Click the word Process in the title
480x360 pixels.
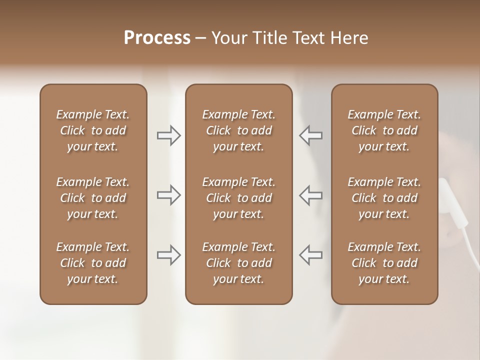click(157, 38)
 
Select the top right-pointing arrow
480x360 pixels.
click(169, 135)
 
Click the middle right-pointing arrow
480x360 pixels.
click(169, 195)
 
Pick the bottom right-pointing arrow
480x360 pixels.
click(169, 255)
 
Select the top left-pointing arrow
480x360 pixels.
click(311, 135)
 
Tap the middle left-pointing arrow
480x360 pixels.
click(311, 195)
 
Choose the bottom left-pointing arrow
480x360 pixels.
click(311, 255)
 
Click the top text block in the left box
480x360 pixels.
click(93, 130)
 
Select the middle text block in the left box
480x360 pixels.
click(93, 198)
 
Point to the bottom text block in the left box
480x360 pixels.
click(93, 263)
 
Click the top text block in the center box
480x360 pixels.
click(238, 130)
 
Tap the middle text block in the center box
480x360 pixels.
click(238, 198)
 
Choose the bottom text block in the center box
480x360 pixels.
click(238, 263)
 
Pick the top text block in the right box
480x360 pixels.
click(384, 130)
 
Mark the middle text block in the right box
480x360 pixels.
click(384, 198)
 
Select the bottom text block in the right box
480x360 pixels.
click(384, 263)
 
